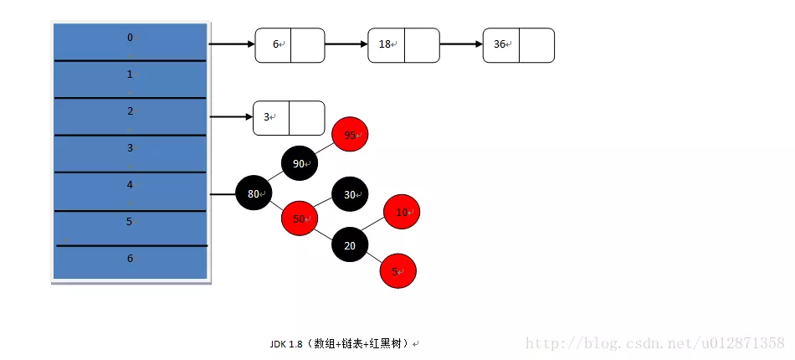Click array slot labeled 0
coord(130,40)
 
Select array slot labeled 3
coord(130,152)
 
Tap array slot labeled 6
coord(130,260)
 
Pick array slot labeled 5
coord(130,224)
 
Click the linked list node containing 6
coord(290,45)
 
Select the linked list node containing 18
coord(403,45)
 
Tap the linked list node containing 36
coord(518,45)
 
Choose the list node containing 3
coord(289,118)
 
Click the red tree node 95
coord(350,135)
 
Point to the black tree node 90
coord(300,164)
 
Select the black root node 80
coord(254,194)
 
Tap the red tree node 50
coord(300,219)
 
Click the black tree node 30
coord(350,194)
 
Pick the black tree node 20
coord(350,245)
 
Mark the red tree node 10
coord(402,213)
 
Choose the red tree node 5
coord(397,271)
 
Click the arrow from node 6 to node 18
coord(346,44)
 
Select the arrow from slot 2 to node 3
coord(230,117)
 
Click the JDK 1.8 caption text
coord(344,343)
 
